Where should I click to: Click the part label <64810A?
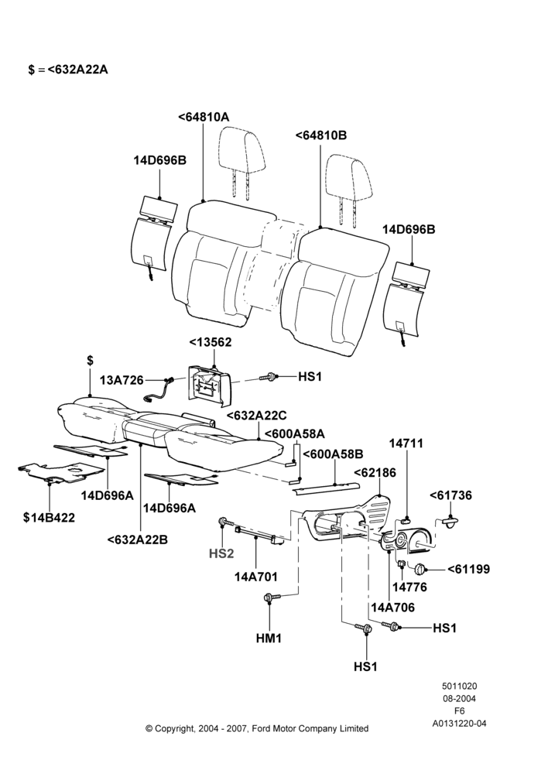[204, 117]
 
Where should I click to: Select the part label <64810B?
[321, 135]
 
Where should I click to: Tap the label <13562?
[211, 343]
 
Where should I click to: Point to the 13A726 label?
[122, 380]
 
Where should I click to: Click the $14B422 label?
[49, 517]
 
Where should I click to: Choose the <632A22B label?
[137, 539]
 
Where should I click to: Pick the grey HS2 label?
[221, 554]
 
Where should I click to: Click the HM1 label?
[269, 639]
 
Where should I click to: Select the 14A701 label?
[255, 577]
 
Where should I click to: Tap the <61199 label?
[468, 569]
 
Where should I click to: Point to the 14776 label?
[409, 587]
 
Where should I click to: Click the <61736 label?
[450, 495]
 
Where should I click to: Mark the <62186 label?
[375, 472]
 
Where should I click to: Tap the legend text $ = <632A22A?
[67, 70]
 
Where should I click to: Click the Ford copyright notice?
[257, 728]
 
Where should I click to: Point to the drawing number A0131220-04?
[459, 724]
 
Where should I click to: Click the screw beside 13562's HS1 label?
[266, 377]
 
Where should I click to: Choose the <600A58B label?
[333, 454]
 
